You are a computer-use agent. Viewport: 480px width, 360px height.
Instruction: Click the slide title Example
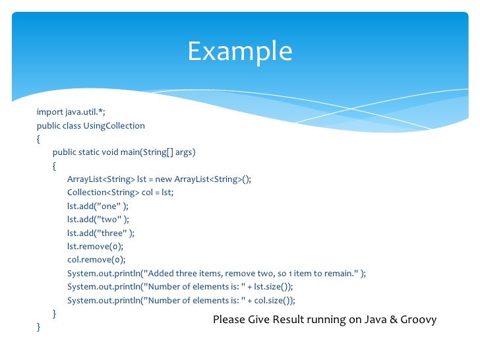239,51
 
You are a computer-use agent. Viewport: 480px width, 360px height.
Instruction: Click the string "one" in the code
109,206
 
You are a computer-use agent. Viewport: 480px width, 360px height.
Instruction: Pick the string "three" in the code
113,233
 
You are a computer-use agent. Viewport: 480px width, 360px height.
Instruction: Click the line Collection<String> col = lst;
119,193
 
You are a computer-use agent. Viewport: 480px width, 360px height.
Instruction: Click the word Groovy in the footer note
419,320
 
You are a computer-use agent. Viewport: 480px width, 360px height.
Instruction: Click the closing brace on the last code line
39,327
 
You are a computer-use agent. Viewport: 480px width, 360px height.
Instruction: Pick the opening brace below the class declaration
39,139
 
